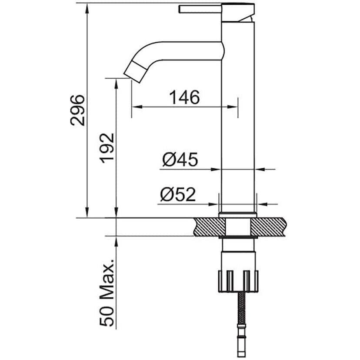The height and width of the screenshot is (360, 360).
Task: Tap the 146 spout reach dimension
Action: click(184, 97)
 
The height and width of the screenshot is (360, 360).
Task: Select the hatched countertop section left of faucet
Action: click(208, 227)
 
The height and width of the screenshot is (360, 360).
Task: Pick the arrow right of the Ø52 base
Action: click(261, 203)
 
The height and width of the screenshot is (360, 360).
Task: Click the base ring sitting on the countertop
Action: click(237, 214)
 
